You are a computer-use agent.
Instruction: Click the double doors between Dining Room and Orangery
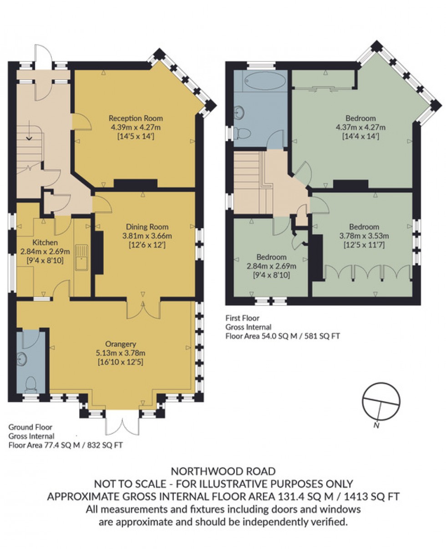click(x=143, y=309)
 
